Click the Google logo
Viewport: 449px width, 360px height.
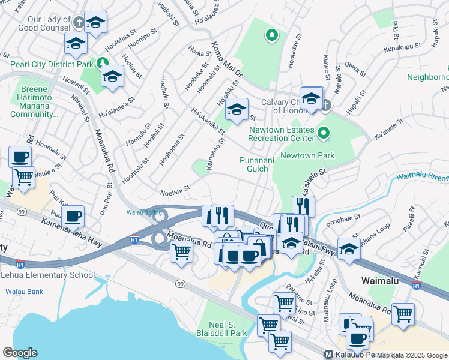20,352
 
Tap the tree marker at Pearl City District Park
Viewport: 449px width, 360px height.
103,62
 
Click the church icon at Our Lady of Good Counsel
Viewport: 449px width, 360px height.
78,22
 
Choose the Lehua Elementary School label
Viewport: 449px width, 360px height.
47,275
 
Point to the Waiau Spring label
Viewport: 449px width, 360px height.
144,212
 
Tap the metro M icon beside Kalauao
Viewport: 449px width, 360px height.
328,354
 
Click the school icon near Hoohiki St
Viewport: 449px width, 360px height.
237,109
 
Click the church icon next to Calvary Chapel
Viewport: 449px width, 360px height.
326,106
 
